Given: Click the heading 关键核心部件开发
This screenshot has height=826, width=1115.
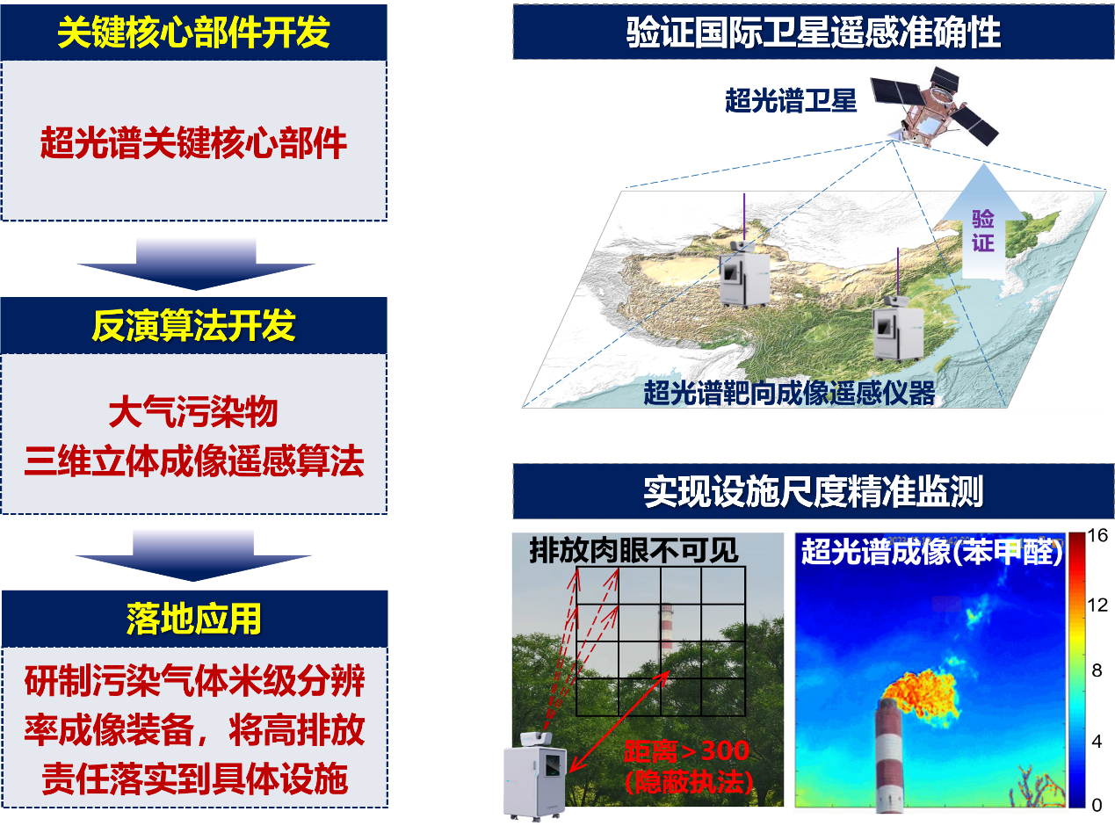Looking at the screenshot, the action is point(193,33).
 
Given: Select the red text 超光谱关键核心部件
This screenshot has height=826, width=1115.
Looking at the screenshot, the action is point(193,143).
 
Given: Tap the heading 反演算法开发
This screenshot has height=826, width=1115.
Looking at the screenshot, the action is point(193,326).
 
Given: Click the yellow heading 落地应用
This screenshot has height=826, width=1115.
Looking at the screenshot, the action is point(193,619).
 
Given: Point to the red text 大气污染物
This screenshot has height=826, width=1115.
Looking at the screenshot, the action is point(193,412).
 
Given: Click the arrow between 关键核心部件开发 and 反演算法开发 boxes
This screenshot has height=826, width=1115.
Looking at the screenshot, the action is point(196,264).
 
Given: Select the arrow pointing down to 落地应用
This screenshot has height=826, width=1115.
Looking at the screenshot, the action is point(193,555).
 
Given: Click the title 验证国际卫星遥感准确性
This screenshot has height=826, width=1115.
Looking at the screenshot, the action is point(814,33).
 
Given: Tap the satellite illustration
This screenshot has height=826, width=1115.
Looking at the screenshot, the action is point(934,106).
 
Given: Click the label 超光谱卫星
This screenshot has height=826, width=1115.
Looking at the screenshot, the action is point(790,100).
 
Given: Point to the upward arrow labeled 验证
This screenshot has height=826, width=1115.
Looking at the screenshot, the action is point(983,222).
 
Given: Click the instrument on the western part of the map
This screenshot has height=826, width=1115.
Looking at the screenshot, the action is point(744,273).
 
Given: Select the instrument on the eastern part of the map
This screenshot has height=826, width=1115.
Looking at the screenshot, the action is point(898,329).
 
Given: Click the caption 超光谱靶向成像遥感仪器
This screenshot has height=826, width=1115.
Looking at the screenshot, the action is point(789,393).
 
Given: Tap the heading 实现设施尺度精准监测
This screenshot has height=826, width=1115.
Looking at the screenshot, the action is point(814,491).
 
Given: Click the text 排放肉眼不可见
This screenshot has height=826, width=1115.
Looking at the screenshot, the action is point(634,550).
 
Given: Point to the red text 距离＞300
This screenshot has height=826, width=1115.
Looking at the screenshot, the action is point(687,751).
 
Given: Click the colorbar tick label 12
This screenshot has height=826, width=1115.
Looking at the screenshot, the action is point(1097,605).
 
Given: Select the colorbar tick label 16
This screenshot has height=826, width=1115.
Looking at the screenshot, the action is point(1097,535).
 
